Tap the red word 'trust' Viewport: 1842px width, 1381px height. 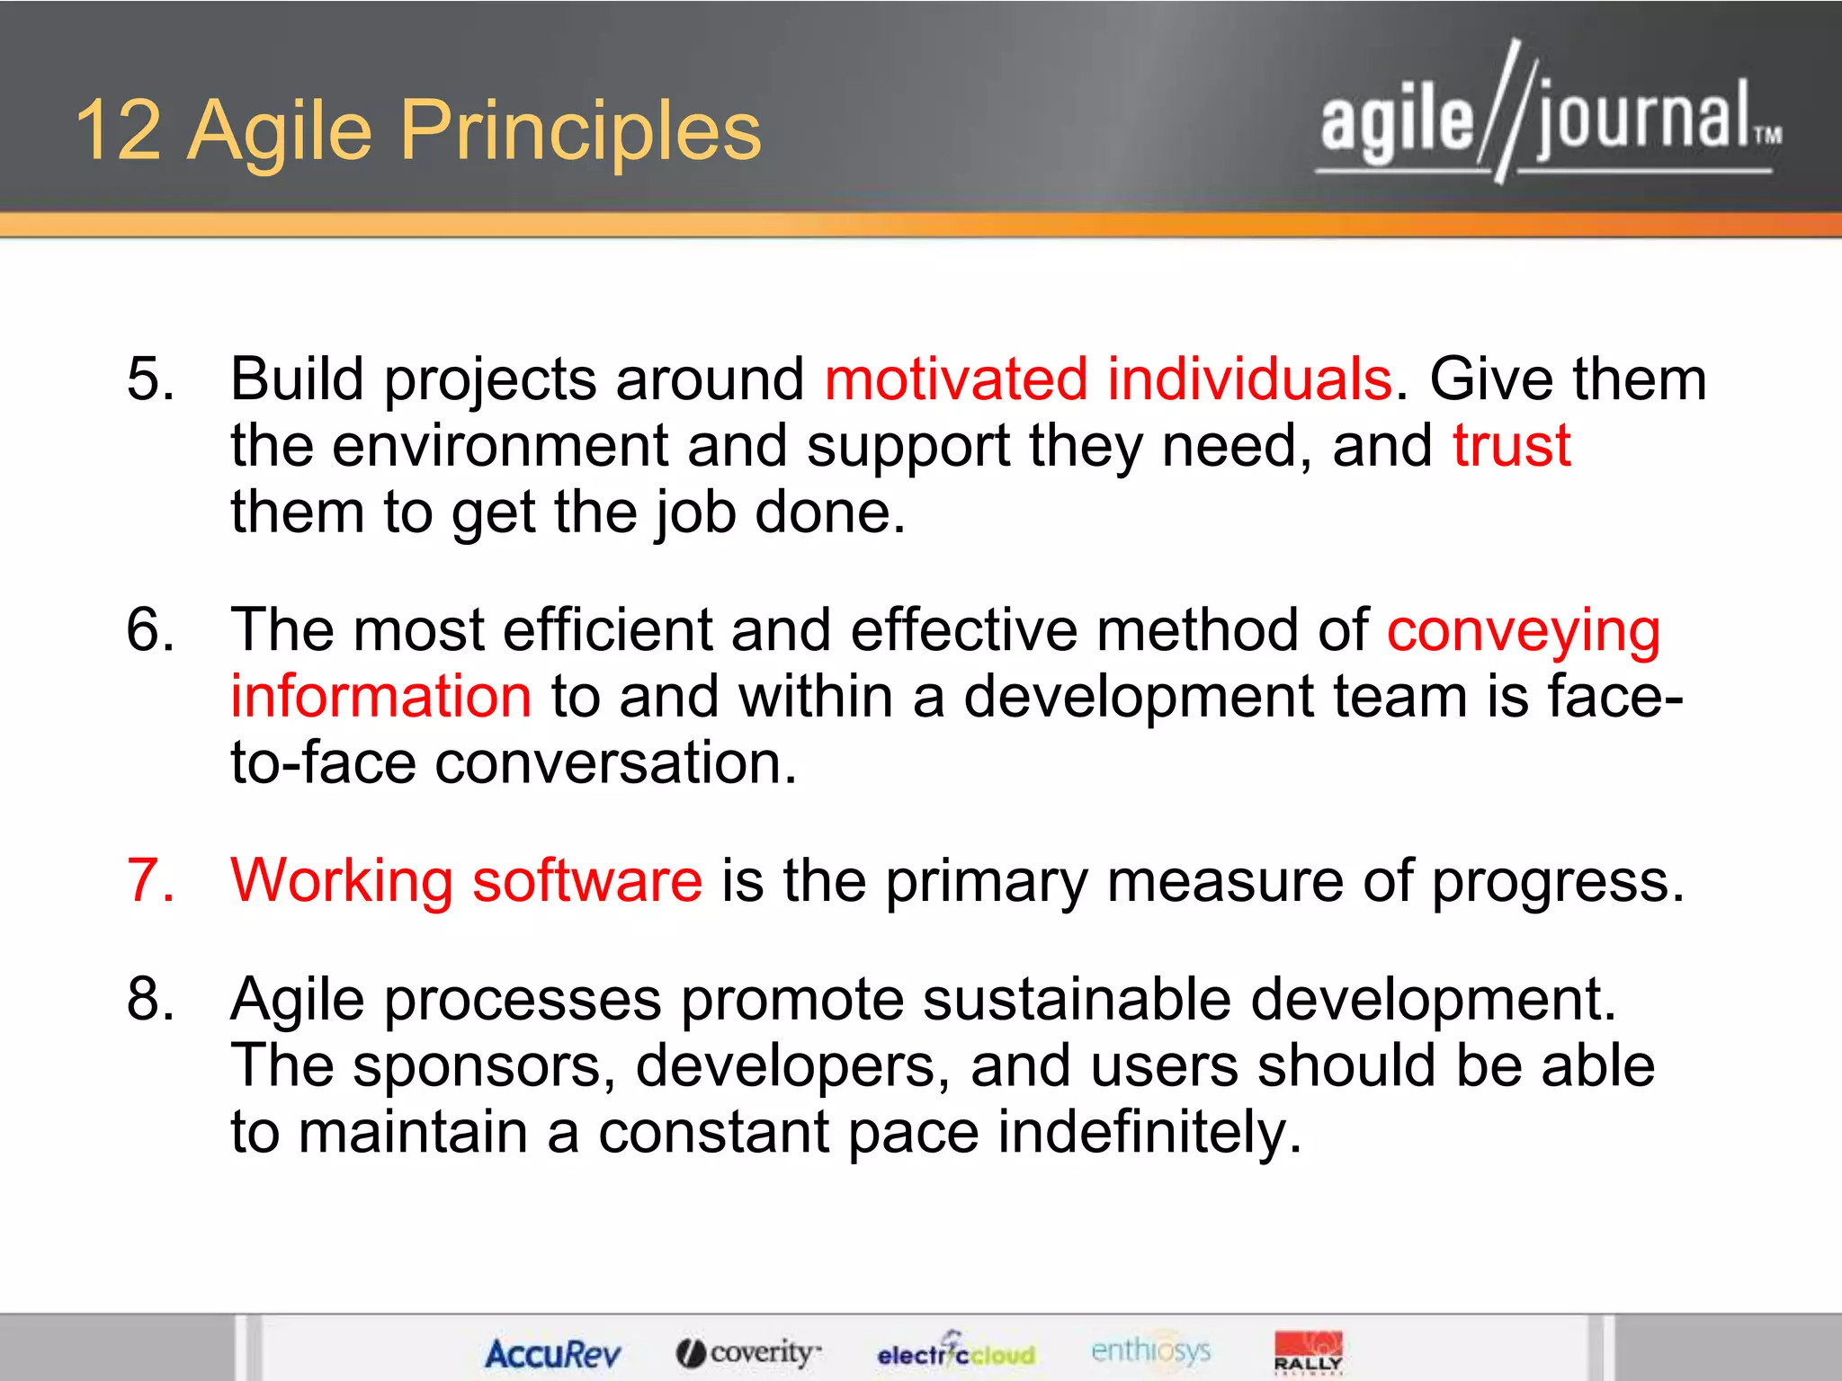(1511, 445)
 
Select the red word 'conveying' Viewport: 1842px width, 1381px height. (1523, 631)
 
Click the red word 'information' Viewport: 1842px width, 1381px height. (381, 697)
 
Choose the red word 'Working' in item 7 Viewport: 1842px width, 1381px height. (342, 881)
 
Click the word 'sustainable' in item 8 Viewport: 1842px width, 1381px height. (1076, 999)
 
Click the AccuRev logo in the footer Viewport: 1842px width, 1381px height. (552, 1353)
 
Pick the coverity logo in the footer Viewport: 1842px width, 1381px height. (748, 1352)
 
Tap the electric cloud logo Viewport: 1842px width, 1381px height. (955, 1352)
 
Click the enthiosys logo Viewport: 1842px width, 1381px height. (1150, 1350)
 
